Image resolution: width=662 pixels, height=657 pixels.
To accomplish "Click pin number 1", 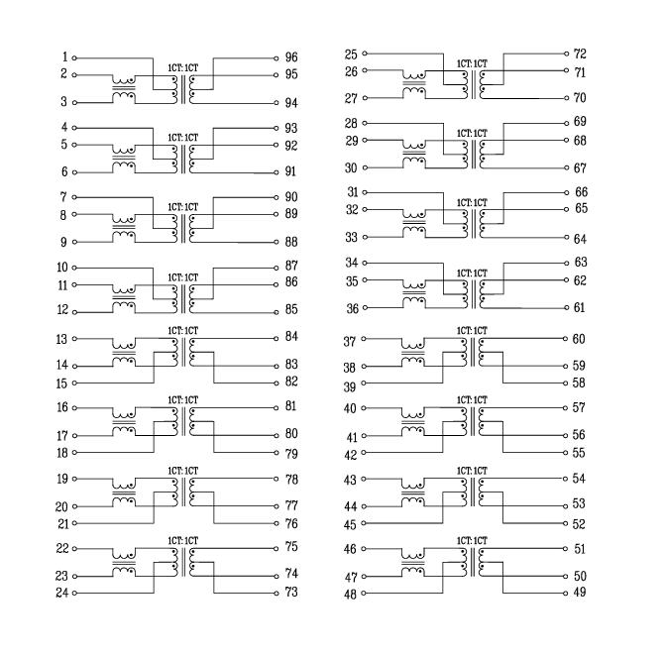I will point(64,56).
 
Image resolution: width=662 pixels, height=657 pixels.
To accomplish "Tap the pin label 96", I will point(291,57).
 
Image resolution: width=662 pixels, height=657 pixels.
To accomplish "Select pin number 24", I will point(61,594).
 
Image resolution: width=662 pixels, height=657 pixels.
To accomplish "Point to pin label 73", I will point(291,593).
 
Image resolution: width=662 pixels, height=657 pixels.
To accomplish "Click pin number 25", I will point(351,54).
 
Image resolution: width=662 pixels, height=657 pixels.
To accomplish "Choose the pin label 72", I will point(581,54).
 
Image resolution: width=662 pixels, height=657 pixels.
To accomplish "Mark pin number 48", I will point(350,595).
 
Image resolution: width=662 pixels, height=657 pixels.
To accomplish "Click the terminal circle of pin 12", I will point(74,310).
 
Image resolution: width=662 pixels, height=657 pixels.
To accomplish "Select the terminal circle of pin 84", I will point(276,337).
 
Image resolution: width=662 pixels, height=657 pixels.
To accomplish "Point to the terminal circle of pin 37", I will point(365,340).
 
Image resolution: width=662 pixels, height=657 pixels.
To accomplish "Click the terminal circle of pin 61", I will point(566,308).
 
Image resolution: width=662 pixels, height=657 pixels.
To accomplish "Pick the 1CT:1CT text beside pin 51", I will point(472,540).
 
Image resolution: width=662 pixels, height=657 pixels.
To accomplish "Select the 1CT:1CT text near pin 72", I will point(472,63).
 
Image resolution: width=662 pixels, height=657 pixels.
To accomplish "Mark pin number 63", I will point(581,263).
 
